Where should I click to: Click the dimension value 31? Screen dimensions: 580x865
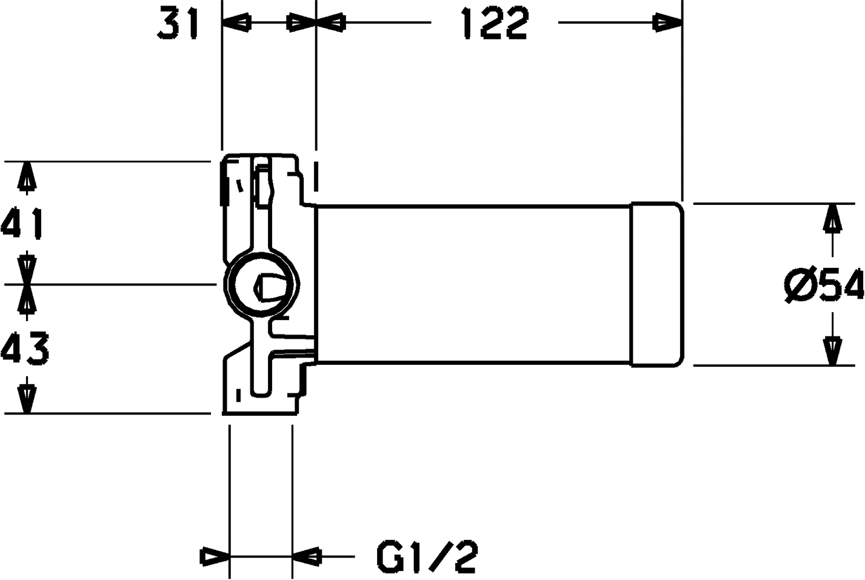point(179,25)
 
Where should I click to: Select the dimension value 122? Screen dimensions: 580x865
point(494,25)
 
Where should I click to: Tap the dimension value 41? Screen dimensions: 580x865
point(22,223)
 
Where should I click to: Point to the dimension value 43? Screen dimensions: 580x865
point(24,348)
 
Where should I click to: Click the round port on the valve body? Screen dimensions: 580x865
point(261,283)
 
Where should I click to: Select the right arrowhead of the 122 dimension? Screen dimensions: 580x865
point(668,24)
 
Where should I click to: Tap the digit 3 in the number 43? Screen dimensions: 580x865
point(37,348)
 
